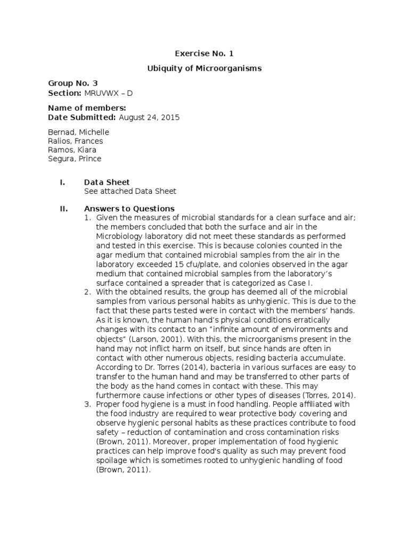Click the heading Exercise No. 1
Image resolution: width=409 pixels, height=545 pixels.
tap(204, 53)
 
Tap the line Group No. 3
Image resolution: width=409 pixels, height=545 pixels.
tap(73, 84)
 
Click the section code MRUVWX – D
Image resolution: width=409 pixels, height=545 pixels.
tap(108, 93)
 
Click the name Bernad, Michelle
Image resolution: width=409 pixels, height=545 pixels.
tap(78, 132)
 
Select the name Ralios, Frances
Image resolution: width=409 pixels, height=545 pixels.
tap(76, 141)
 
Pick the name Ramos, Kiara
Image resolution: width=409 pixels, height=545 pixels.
tap(72, 150)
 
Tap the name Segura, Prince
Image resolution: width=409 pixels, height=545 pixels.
tap(75, 159)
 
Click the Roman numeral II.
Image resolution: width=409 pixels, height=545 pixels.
tap(63, 209)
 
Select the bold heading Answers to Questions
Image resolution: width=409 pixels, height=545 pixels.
tap(129, 209)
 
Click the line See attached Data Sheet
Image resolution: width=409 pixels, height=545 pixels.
tap(130, 191)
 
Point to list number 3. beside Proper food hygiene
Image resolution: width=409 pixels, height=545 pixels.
tap(88, 404)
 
